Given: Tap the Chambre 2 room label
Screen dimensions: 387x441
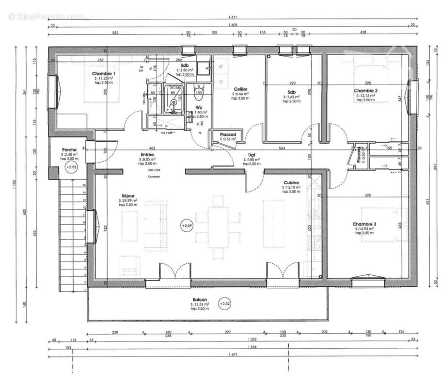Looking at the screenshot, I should tap(365, 91).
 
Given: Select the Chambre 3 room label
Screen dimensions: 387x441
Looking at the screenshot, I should tap(364, 224).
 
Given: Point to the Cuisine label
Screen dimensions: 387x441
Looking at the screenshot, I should tap(291, 183).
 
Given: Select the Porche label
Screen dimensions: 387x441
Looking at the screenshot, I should tap(69, 149).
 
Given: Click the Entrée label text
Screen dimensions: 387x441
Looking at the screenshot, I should tap(147, 154).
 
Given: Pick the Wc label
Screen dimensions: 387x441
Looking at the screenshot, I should tap(199, 107).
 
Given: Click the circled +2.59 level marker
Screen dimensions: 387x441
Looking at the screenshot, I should tap(187, 225).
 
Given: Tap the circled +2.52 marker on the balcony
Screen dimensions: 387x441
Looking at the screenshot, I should tap(224, 303).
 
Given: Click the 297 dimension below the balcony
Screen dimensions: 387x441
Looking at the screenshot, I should tap(228, 332).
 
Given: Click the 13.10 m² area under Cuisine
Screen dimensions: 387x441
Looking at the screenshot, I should tap(292, 187).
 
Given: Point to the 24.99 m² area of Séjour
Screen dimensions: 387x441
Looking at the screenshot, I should tap(128, 200).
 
